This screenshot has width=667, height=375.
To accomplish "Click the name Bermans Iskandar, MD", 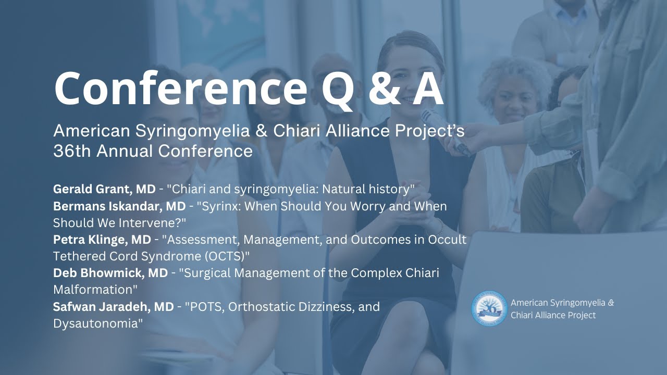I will [x=119, y=206].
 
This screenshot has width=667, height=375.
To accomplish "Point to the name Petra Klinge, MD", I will [x=100, y=240].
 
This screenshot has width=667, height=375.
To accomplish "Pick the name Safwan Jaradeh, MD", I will [x=113, y=307].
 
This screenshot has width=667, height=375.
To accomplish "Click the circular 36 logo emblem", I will [x=489, y=309].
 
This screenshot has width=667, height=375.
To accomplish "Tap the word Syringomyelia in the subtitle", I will [x=179, y=130].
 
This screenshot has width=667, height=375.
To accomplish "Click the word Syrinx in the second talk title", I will [x=208, y=206].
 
